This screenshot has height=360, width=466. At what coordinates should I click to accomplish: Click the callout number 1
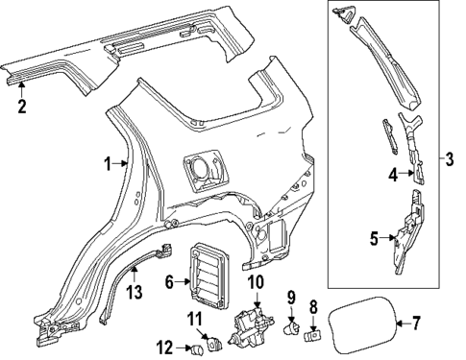(x=109, y=164)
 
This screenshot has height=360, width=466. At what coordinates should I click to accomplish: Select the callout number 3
(x=451, y=156)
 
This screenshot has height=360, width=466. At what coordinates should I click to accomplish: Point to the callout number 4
(x=392, y=174)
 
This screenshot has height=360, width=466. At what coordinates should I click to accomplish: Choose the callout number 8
(x=313, y=307)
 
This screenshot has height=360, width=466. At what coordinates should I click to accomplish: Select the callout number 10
(x=255, y=281)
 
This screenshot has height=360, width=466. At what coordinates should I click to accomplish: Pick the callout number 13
(x=134, y=293)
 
